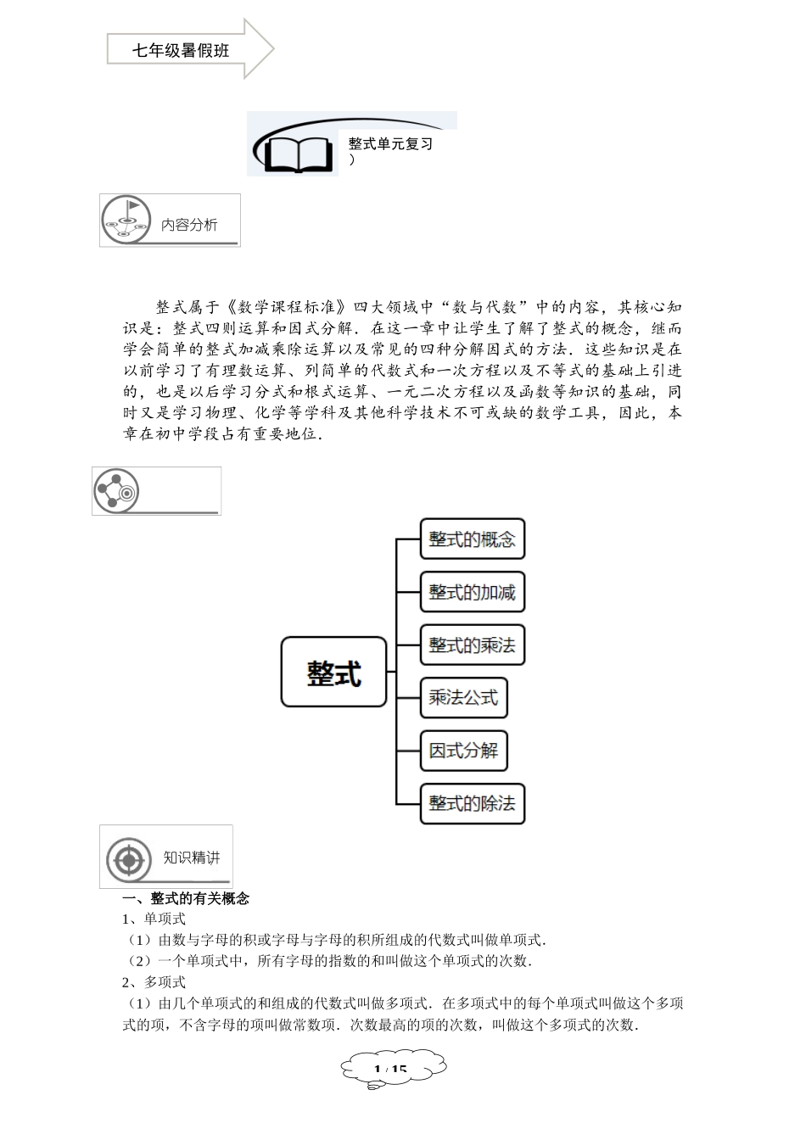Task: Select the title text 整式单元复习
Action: [390, 144]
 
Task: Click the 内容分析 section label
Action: [189, 225]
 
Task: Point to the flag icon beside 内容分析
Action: [126, 218]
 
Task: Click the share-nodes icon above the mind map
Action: [115, 490]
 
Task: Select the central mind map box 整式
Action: [333, 672]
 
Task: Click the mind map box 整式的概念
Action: [472, 539]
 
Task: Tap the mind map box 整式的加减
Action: [472, 592]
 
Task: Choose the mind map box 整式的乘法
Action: [472, 645]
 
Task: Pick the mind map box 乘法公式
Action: [463, 697]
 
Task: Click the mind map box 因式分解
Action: [463, 751]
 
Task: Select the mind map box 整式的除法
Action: [472, 803]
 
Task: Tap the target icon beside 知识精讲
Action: [129, 859]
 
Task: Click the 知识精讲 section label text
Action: [192, 858]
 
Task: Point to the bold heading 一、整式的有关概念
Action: [186, 898]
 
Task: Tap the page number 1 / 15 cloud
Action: [391, 1070]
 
